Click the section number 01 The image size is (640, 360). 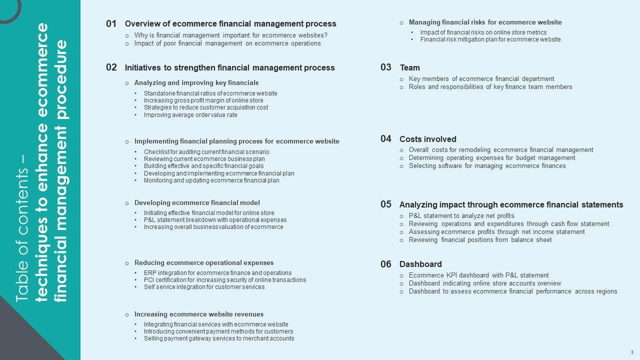[111, 23]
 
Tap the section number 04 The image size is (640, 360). [385, 139]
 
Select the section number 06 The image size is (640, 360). [385, 264]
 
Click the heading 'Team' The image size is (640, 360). [409, 67]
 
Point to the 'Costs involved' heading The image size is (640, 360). [427, 139]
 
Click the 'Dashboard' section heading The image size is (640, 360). [420, 264]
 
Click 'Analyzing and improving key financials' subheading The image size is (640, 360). [196, 83]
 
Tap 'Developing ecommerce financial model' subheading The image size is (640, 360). [197, 203]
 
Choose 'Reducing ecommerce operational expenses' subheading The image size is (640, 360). [203, 263]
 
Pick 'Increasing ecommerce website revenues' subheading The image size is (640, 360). [198, 314]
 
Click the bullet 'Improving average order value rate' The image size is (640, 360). [190, 115]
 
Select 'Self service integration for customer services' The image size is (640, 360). [204, 287]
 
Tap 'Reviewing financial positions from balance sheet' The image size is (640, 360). [480, 240]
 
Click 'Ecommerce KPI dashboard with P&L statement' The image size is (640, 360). [478, 275]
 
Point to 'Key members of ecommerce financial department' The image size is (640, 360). [481, 79]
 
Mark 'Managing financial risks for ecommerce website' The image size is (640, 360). [485, 22]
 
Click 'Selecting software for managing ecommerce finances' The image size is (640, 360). [487, 166]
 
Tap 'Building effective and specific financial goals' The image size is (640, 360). [203, 166]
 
